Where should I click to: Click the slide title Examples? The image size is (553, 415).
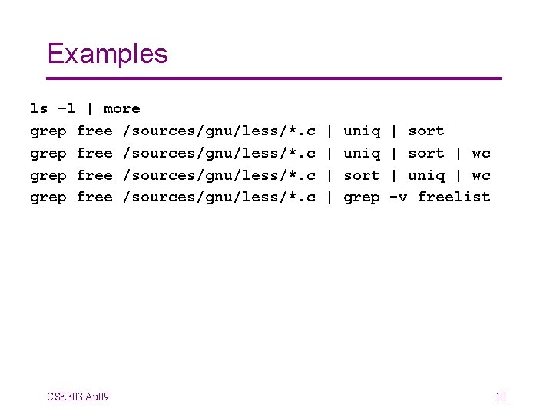point(108,54)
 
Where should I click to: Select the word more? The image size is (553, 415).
point(122,108)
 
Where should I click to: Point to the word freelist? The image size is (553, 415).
point(454,197)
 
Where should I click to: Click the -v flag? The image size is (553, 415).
point(399,197)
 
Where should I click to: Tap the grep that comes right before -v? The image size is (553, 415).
point(362,197)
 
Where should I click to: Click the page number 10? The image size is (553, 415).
point(501,397)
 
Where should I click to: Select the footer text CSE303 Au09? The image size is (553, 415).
point(78,397)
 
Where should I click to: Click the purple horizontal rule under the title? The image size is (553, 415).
point(274,78)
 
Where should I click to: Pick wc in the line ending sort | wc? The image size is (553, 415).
point(482,153)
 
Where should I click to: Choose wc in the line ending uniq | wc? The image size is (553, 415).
point(482,175)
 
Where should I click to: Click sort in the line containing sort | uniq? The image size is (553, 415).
point(362,175)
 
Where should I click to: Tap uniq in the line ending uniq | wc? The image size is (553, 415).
point(426,175)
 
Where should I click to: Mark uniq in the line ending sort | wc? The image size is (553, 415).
point(362,153)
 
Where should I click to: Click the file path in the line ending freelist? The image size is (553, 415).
point(220,197)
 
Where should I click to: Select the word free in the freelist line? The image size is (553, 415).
point(94,197)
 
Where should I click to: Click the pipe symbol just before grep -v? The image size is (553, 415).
point(329,197)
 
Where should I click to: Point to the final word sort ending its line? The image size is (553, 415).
point(426,131)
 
